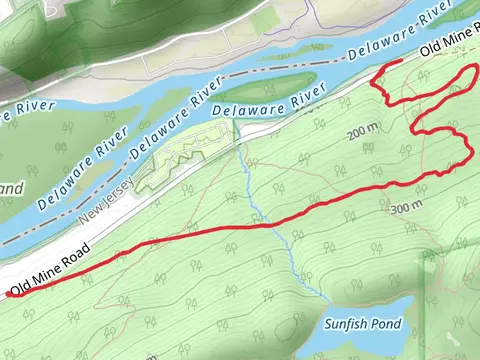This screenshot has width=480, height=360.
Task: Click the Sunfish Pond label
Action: [x=363, y=325]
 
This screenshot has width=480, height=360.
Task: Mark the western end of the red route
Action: [x=9, y=294]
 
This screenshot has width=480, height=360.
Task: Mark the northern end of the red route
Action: [x=400, y=62]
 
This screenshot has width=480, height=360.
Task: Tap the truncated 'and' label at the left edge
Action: [x=10, y=187]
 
